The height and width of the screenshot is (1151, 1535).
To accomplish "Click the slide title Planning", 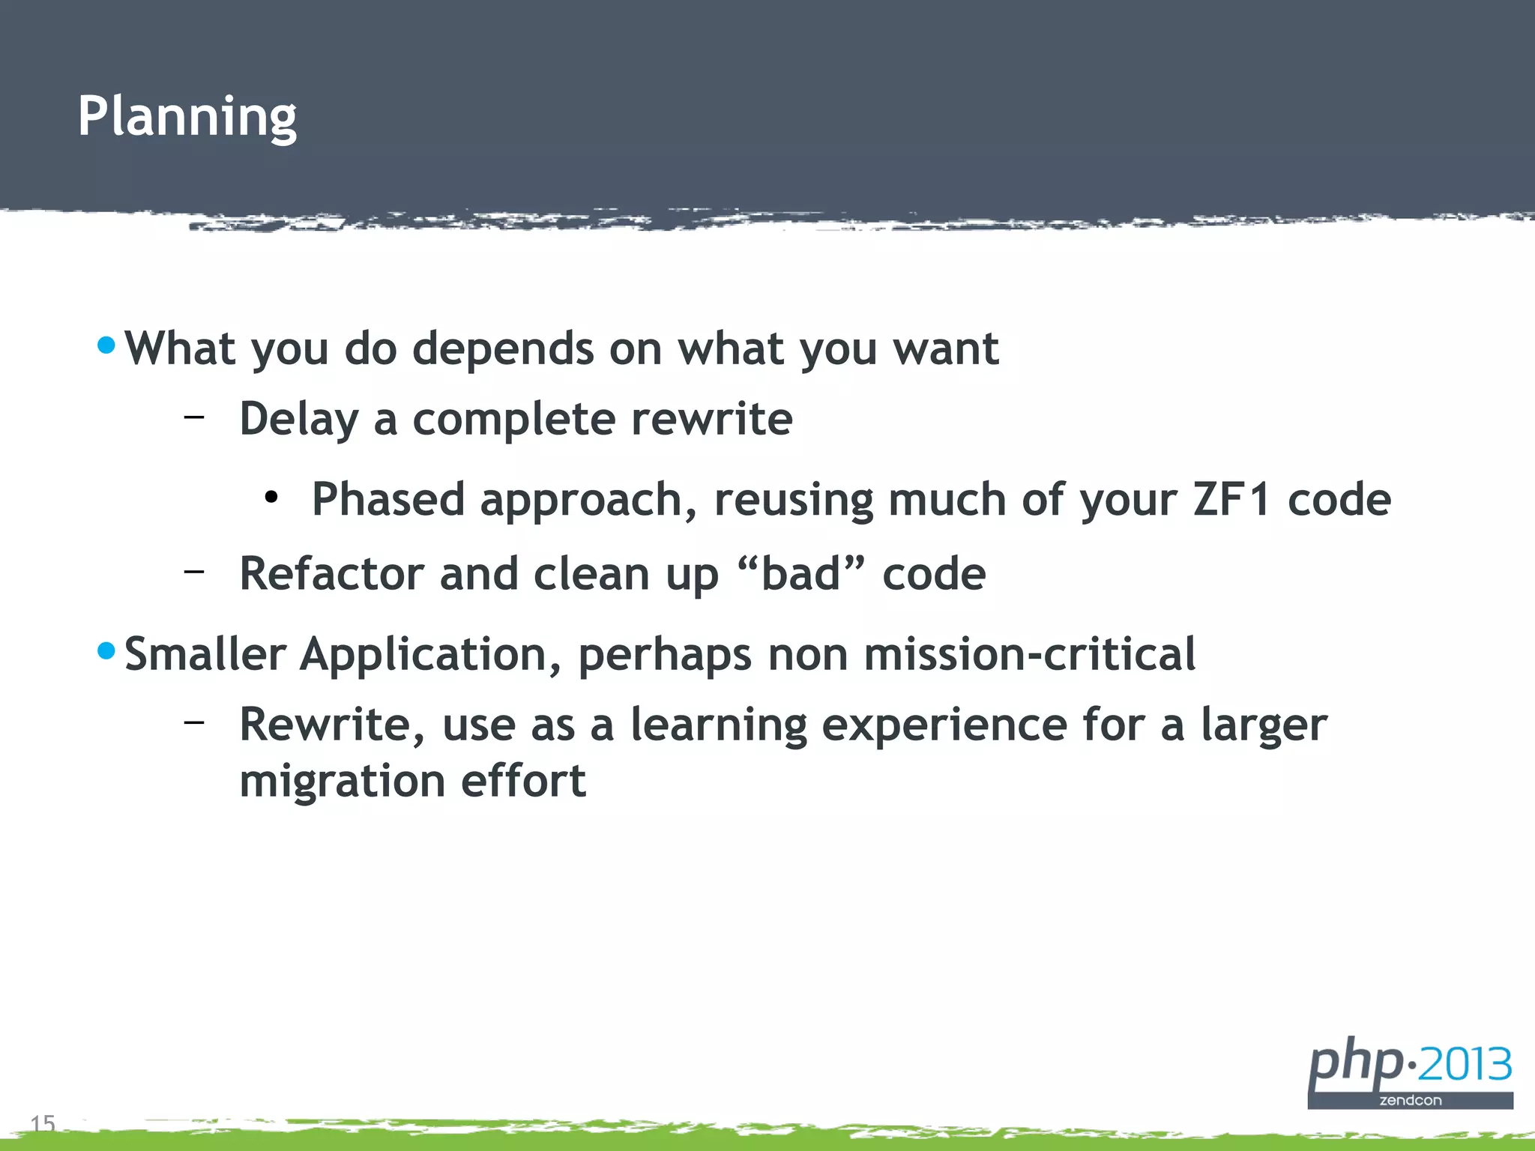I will pos(187,117).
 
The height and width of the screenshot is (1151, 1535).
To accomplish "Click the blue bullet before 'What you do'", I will pos(106,345).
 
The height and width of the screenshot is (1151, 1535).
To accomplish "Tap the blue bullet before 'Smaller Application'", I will pos(106,650).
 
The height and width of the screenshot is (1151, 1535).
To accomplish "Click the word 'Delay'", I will pos(299,420).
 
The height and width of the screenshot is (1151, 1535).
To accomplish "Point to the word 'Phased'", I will pos(387,500).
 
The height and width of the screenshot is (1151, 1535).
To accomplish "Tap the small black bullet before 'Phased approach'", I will pos(271,497).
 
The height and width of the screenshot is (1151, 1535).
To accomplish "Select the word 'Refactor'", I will pos(331,574).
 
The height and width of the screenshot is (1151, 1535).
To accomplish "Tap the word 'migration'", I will pos(342,782).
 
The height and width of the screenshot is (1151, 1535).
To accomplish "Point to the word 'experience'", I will pos(944,725).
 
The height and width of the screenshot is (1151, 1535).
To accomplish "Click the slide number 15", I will pos(43,1123).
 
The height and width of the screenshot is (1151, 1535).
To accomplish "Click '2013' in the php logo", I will pos(1465,1065).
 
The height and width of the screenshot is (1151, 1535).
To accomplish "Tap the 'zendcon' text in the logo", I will pos(1411,1100).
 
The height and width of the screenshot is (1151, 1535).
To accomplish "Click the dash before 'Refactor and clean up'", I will pos(194,571).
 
